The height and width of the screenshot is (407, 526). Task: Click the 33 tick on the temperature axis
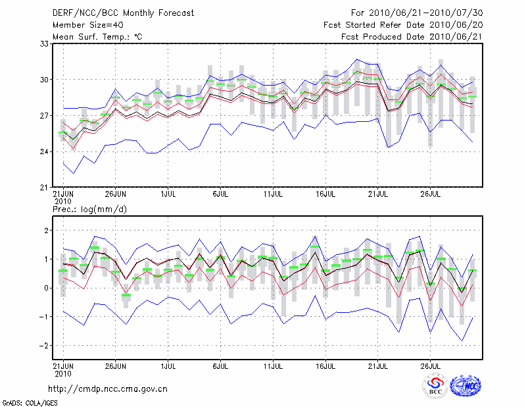[x=45, y=44]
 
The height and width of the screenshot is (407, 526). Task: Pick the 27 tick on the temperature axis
[x=45, y=116]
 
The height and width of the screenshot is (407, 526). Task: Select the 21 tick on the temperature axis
[x=45, y=187]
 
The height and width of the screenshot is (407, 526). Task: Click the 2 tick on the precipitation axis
[x=47, y=231]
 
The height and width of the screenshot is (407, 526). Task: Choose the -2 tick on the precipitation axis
[x=45, y=346]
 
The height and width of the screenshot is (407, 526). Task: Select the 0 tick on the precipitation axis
[x=47, y=288]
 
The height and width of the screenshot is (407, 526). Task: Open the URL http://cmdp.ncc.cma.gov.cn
[x=110, y=389]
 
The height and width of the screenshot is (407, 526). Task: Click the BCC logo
[x=435, y=387]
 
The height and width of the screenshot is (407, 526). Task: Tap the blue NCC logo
[x=466, y=387]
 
